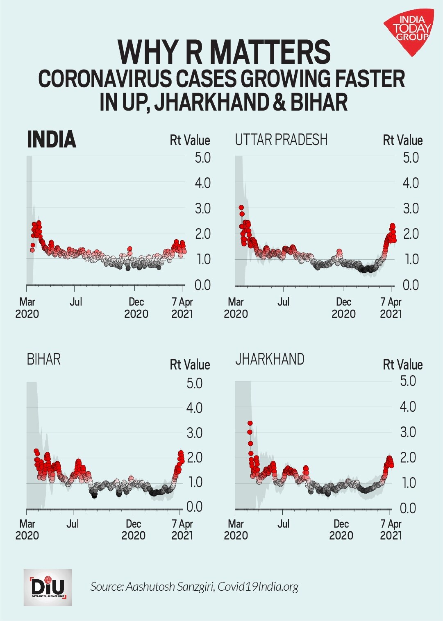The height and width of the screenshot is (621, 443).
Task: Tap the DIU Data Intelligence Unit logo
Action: [x=48, y=587]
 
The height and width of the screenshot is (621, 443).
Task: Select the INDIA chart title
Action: [x=52, y=140]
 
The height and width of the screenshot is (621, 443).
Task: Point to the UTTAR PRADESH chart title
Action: [x=281, y=140]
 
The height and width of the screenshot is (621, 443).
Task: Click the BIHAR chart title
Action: [x=44, y=360]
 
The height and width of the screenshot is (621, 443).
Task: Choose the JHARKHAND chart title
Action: [x=270, y=359]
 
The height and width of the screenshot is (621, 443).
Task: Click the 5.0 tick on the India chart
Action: [x=202, y=158]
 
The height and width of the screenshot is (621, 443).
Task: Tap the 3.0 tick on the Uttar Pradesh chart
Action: [x=411, y=209]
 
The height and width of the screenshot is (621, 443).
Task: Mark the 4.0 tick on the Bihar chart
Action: [x=194, y=408]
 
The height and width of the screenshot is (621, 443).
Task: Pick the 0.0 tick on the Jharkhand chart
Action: [x=408, y=508]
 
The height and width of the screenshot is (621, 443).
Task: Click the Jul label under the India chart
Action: [x=76, y=302]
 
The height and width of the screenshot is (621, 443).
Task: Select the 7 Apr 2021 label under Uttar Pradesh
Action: [x=391, y=308]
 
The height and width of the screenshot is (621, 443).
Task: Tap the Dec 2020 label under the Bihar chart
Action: [x=134, y=530]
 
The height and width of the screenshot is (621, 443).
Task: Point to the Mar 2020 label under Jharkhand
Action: [x=236, y=530]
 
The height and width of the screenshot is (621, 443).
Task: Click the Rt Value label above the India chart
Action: [x=190, y=141]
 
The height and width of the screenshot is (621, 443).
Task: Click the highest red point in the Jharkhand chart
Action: [x=250, y=423]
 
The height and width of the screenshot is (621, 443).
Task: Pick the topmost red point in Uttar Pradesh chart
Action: [x=241, y=208]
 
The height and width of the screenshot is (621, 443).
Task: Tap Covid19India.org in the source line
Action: [x=258, y=587]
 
